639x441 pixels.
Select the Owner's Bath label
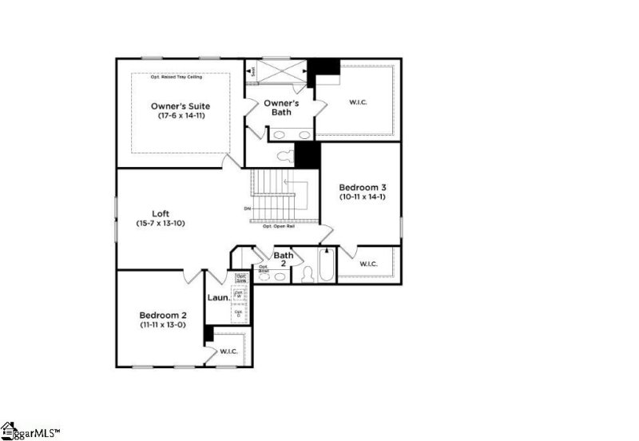click(281, 108)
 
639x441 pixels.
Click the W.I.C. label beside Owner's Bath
click(357, 102)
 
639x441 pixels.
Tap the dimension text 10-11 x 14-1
click(362, 197)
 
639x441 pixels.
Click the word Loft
click(161, 213)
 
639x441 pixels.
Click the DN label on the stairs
click(248, 210)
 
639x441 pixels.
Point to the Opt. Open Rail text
click(278, 226)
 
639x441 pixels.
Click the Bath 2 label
click(284, 260)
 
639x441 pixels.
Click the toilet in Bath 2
click(307, 273)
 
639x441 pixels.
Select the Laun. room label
click(219, 298)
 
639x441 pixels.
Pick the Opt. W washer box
click(239, 294)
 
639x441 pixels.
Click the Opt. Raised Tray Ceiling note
click(177, 77)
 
